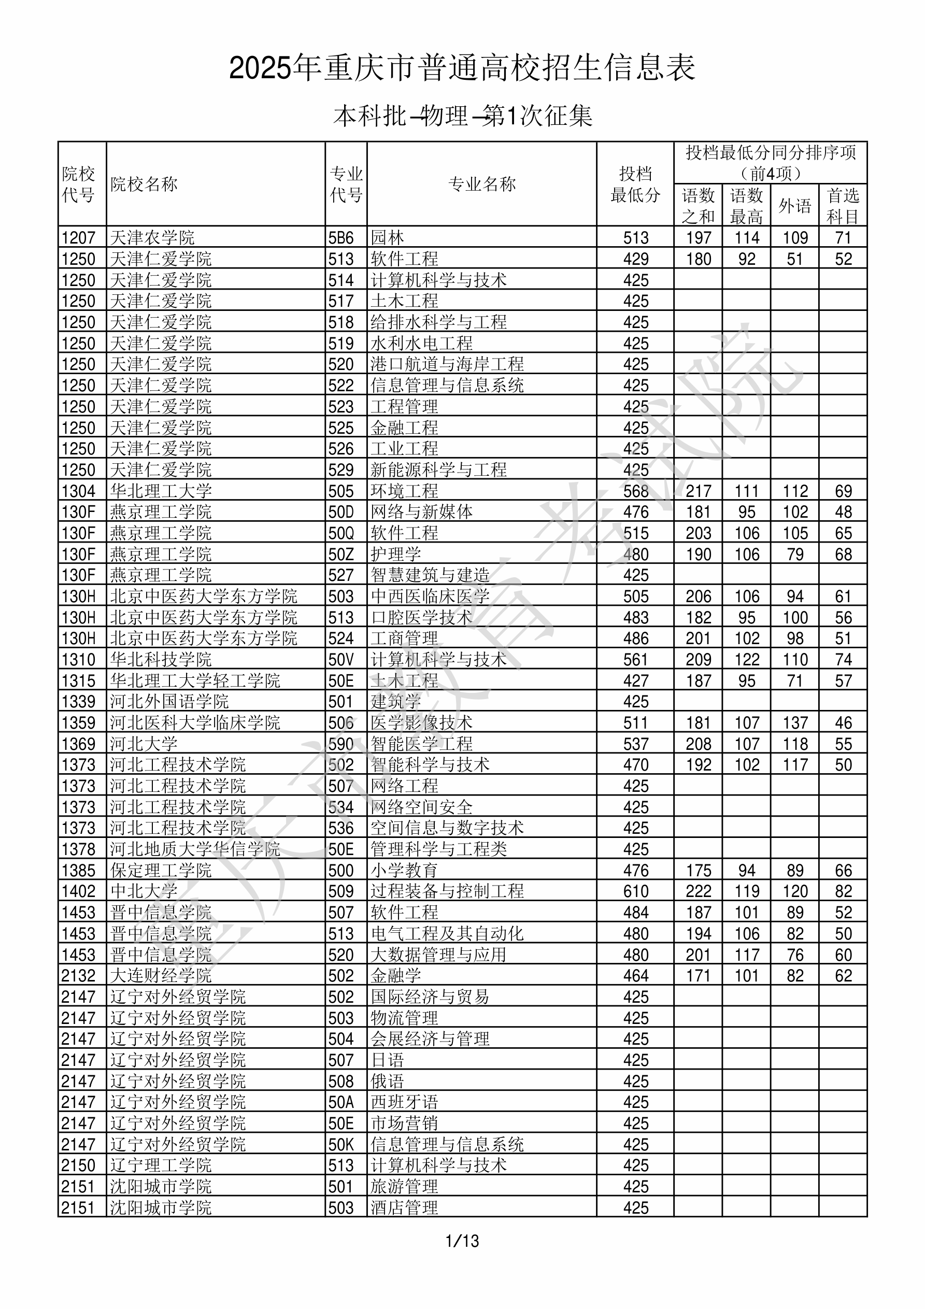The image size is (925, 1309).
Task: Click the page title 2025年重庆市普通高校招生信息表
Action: point(462,68)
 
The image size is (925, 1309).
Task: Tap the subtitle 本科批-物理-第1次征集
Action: point(462,116)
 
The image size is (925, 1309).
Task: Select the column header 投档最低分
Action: point(635,184)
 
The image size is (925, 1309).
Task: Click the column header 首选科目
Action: point(843,205)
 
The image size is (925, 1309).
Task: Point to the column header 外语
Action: point(794,205)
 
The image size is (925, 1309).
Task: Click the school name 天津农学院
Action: point(152,237)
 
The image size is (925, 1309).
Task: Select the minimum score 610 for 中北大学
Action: point(635,891)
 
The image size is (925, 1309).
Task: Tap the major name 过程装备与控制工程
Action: point(447,891)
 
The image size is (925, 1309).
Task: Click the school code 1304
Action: point(78,491)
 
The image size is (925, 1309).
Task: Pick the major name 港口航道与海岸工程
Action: point(447,364)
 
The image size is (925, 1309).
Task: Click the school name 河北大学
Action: point(144,744)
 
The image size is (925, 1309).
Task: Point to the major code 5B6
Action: point(341,237)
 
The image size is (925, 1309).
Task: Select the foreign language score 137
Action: point(794,722)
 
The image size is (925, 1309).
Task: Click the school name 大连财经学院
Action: point(161,975)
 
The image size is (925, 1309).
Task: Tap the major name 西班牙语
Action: point(404,1102)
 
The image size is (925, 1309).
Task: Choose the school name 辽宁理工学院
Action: point(161,1165)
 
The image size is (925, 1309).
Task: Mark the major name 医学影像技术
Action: point(421,722)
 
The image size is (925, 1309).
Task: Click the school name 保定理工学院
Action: point(161,870)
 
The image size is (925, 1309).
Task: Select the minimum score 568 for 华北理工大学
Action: point(635,491)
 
